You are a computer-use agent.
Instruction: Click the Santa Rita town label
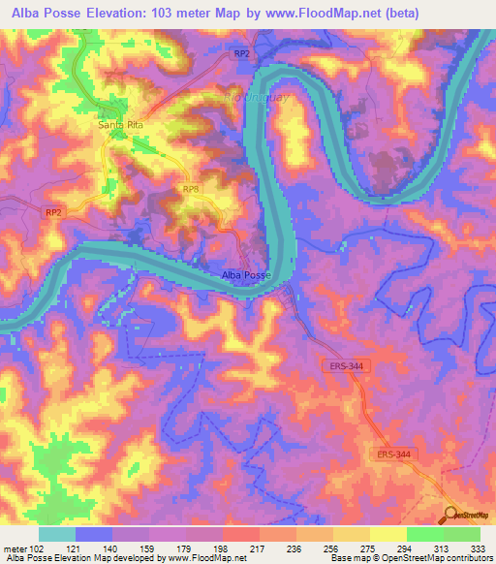coord(122,124)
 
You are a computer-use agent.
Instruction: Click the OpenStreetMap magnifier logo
coord(452,515)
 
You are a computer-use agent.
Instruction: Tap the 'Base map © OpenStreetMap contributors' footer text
coord(410,557)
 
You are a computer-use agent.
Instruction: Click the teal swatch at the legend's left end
coord(56,533)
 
